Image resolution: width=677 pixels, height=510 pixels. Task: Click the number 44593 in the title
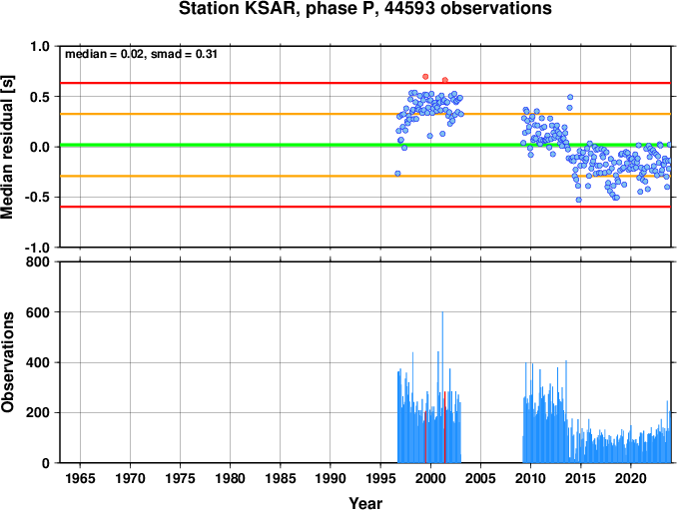click(409, 9)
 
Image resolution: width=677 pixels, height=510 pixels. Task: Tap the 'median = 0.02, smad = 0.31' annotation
click(141, 54)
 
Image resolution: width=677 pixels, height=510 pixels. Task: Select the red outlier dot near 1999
click(425, 77)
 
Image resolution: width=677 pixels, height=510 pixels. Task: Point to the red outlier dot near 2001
click(445, 80)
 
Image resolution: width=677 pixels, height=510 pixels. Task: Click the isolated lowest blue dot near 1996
click(397, 174)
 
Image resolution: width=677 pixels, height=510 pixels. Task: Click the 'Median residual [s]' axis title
click(7, 147)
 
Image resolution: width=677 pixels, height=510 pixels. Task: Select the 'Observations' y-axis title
click(7, 362)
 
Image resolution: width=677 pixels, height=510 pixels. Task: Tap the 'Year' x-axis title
click(365, 503)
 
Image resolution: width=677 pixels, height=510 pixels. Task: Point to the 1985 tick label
click(281, 478)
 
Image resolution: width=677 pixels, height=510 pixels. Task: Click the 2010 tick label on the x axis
click(530, 478)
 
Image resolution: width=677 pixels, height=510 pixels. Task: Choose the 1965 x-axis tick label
click(80, 478)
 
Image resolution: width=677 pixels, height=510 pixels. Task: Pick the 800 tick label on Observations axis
click(38, 261)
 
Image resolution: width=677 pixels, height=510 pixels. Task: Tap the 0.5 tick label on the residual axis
click(40, 97)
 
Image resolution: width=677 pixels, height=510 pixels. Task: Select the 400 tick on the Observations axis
click(38, 362)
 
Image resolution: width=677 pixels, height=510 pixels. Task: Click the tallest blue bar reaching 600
click(442, 387)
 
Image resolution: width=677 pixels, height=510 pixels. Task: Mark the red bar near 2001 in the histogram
click(444, 427)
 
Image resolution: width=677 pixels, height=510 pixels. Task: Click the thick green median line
click(365, 145)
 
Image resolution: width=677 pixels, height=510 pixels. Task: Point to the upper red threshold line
click(365, 83)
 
